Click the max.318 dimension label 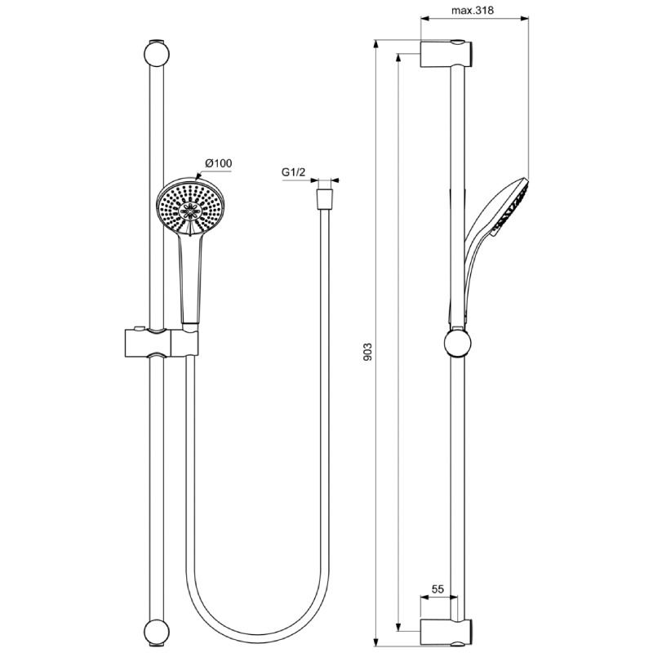pos(473,10)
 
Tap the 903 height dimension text pos(368,352)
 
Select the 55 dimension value pos(438,589)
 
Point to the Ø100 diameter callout pos(219,163)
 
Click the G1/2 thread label pos(294,172)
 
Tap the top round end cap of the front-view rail pos(156,54)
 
